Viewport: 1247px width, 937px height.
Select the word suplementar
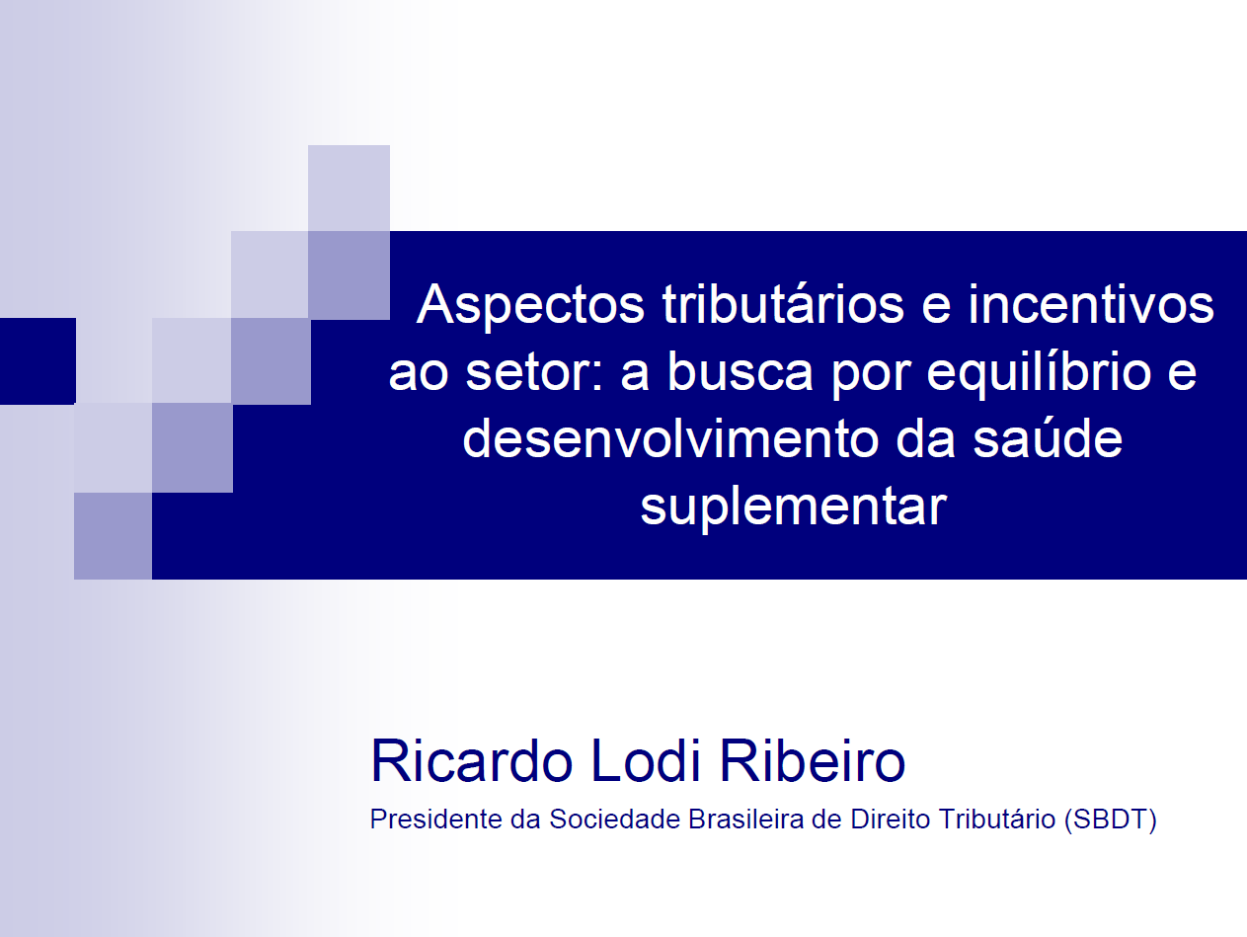pos(793,508)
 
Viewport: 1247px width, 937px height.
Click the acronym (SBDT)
pos(1111,820)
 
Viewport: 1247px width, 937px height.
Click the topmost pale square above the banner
pos(349,188)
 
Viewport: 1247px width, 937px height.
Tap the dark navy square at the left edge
pos(38,360)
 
